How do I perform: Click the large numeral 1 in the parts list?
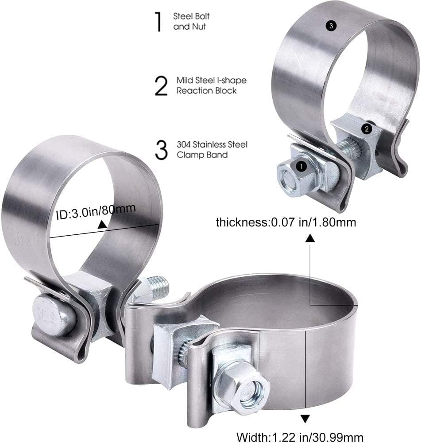(158, 21)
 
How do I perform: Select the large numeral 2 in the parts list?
(161, 85)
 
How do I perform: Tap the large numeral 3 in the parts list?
(161, 150)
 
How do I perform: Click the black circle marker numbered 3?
(331, 26)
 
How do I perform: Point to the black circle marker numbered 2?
(367, 129)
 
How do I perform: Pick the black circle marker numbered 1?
(301, 167)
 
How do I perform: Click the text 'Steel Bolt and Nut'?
(191, 21)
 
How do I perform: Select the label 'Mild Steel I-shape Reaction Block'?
(212, 85)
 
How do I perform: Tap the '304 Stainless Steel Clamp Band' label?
(212, 150)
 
